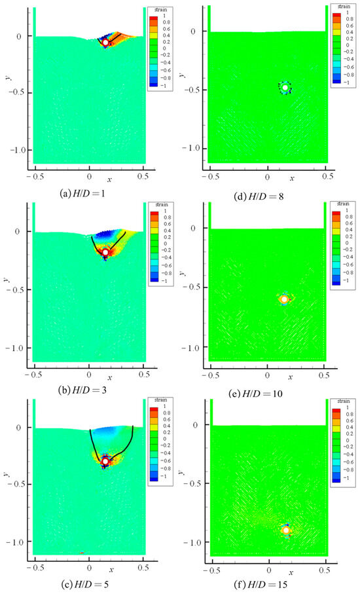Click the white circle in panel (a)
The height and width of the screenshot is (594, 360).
105,43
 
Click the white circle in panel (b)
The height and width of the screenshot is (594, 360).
105,252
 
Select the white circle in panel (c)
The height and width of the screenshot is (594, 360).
105,461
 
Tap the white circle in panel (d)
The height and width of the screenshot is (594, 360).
285,87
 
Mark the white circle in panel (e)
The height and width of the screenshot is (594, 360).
285,299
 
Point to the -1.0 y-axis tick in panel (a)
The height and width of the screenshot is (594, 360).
17,150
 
